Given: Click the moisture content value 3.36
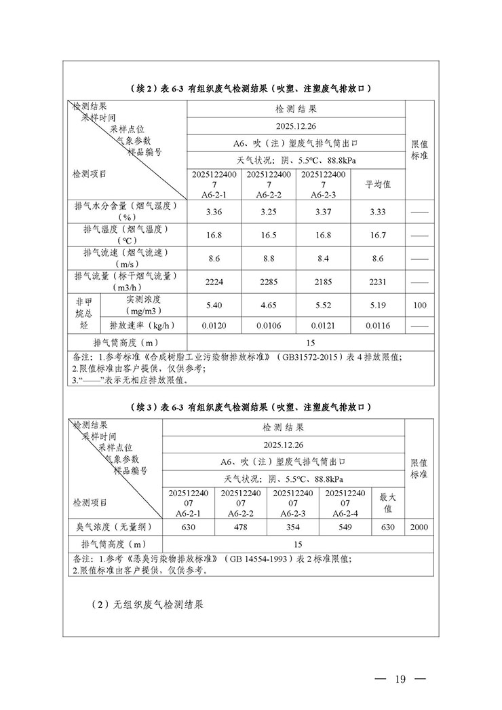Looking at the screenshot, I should pos(214,211).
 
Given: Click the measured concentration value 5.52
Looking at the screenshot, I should pos(324,305).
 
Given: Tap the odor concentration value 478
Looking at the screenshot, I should pos(241,527).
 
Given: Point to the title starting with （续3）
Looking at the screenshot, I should pos(250,407).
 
